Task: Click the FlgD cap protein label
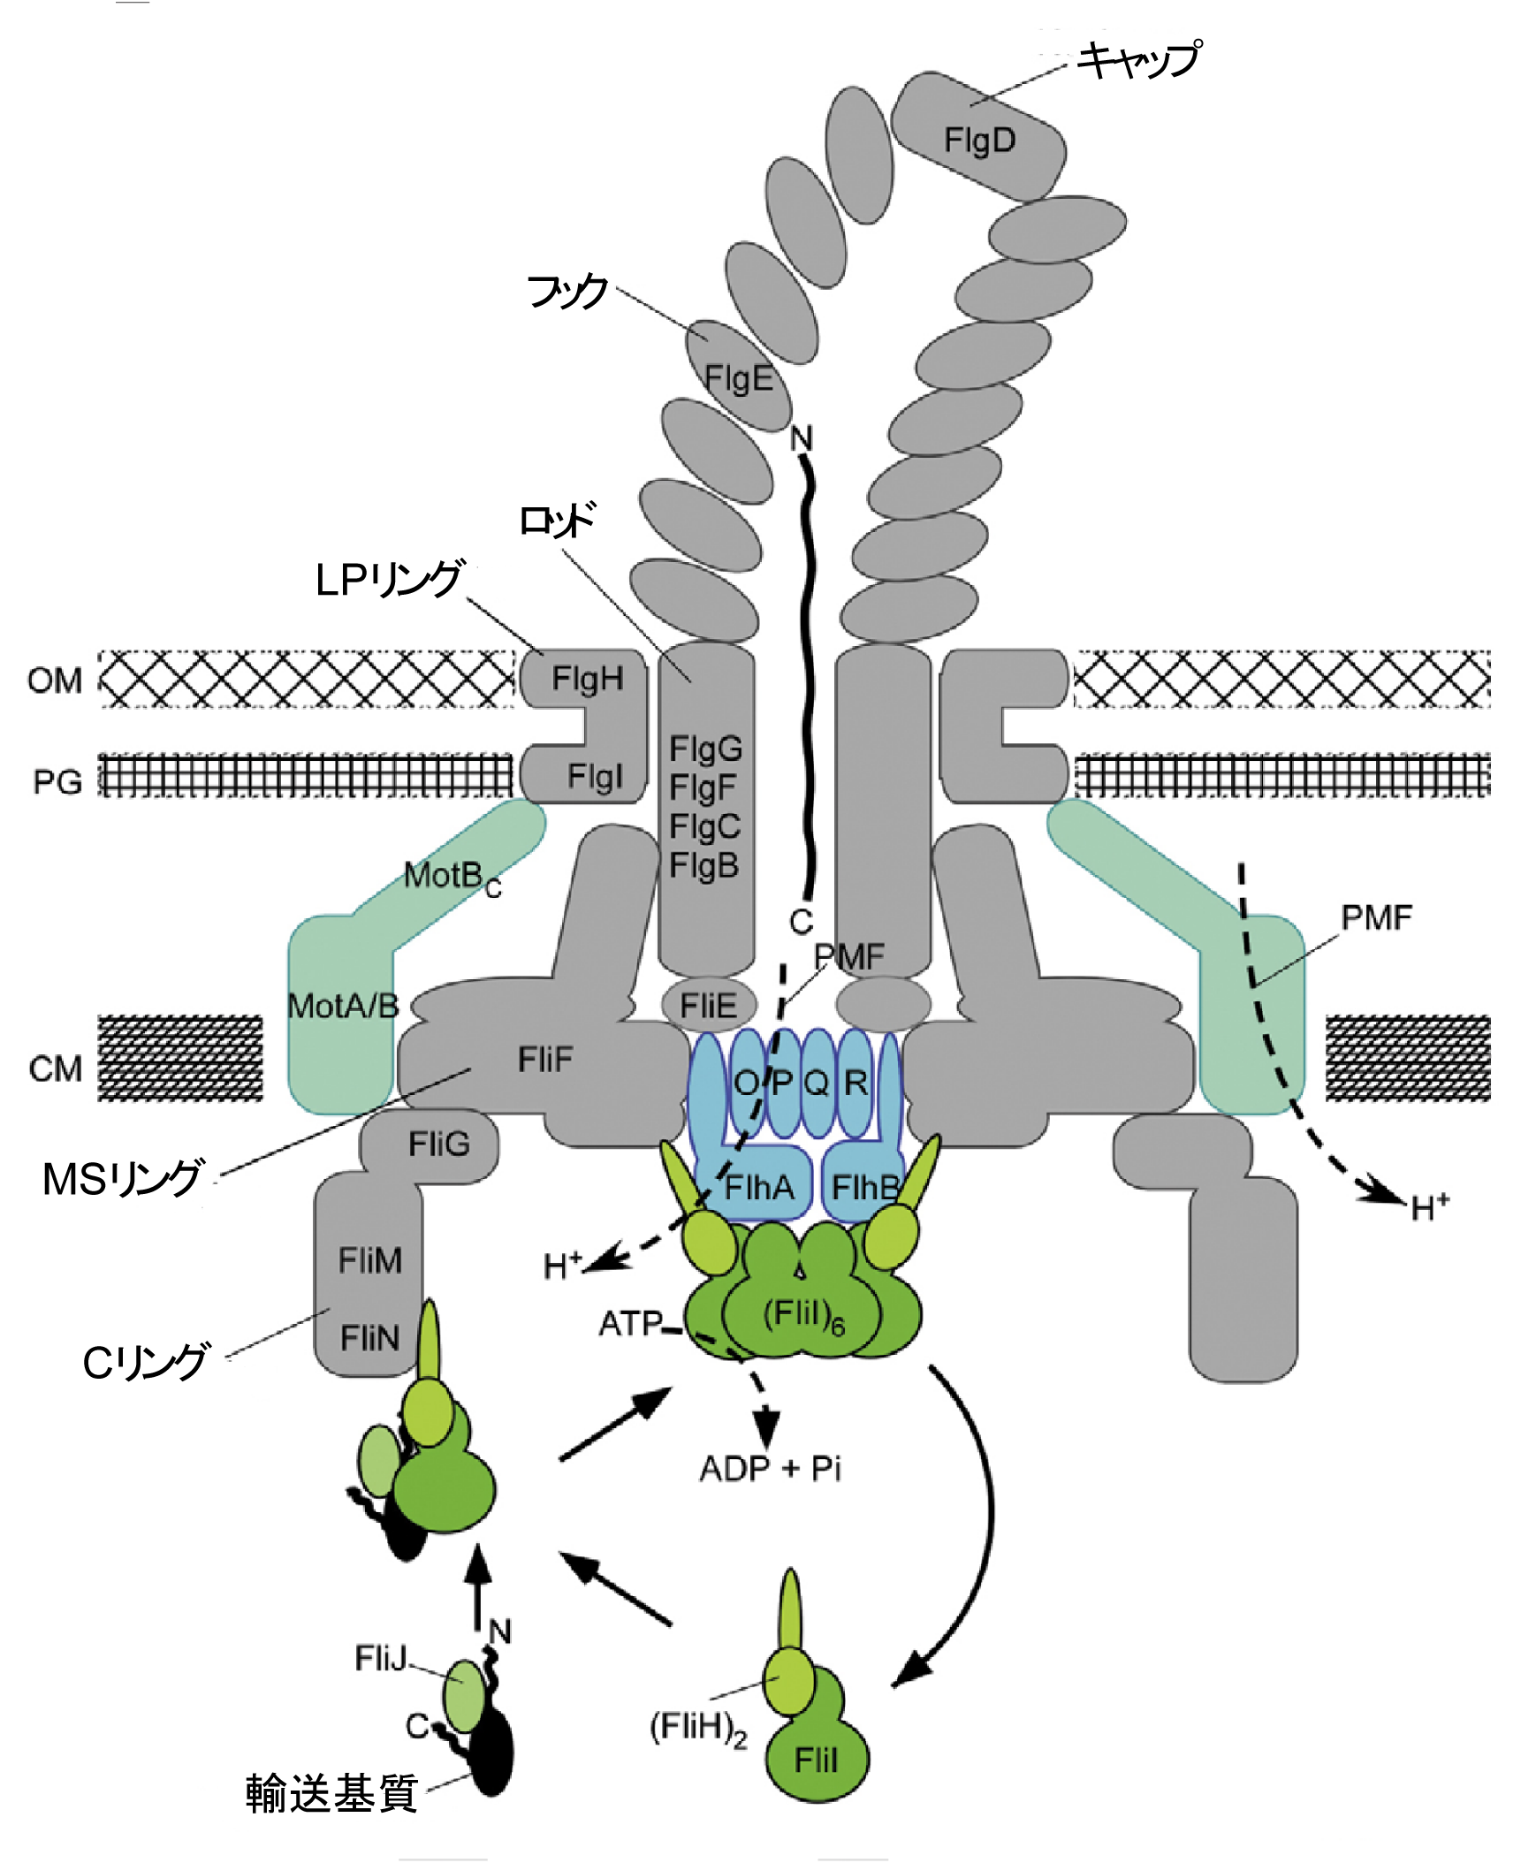tap(979, 140)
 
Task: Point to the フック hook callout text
tap(567, 291)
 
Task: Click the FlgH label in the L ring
tap(588, 679)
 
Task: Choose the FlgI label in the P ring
tap(595, 776)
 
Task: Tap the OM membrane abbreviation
tap(55, 681)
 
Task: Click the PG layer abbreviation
tap(57, 782)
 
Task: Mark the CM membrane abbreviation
tap(55, 1069)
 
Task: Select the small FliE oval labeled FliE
tap(708, 1006)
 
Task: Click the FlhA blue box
tap(758, 1187)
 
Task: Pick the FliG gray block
tap(438, 1144)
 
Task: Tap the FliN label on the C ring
tap(369, 1338)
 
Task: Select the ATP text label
tap(630, 1323)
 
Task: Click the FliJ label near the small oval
tap(380, 1658)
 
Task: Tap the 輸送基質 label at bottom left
tap(331, 1793)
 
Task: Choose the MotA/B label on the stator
tap(343, 1006)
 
